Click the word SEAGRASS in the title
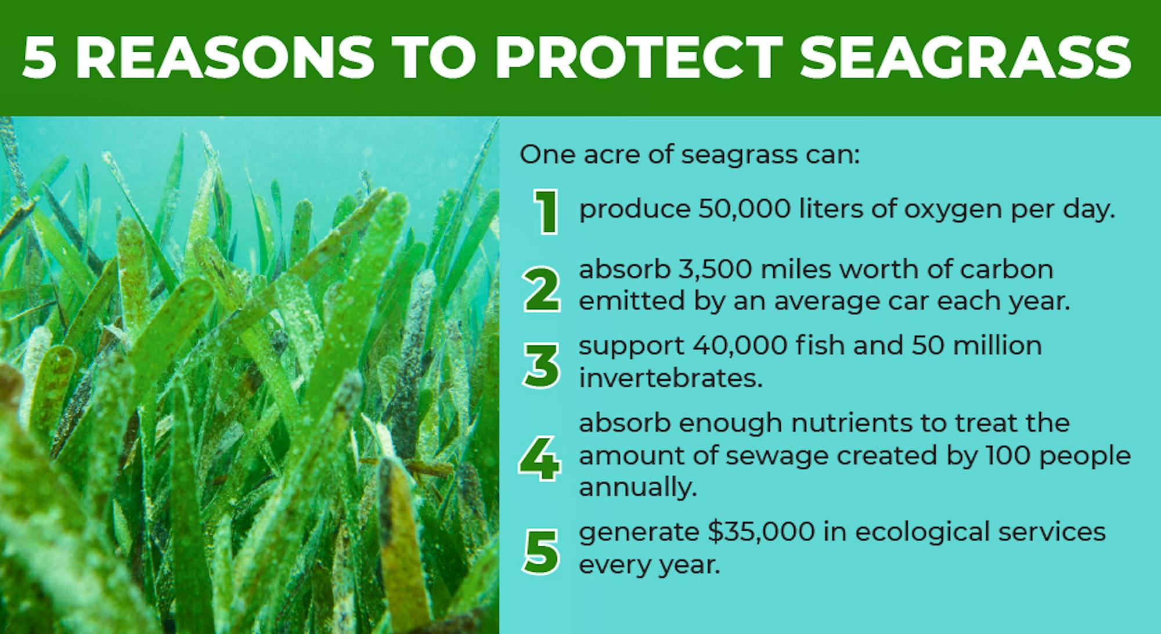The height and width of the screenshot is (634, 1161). (965, 57)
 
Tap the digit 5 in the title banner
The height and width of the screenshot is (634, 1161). (40, 57)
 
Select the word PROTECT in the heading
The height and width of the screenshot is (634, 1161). (639, 57)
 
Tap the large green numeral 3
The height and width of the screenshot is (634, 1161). (542, 366)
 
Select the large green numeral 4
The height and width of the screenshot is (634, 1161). (540, 459)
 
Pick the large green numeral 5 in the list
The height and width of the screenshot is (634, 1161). (541, 552)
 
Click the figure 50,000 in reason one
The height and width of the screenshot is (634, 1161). (744, 209)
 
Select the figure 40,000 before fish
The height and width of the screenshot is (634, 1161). (740, 345)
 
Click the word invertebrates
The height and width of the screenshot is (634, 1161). (670, 378)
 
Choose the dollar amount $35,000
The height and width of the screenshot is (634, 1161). (761, 532)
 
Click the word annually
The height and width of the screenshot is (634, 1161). (638, 488)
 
